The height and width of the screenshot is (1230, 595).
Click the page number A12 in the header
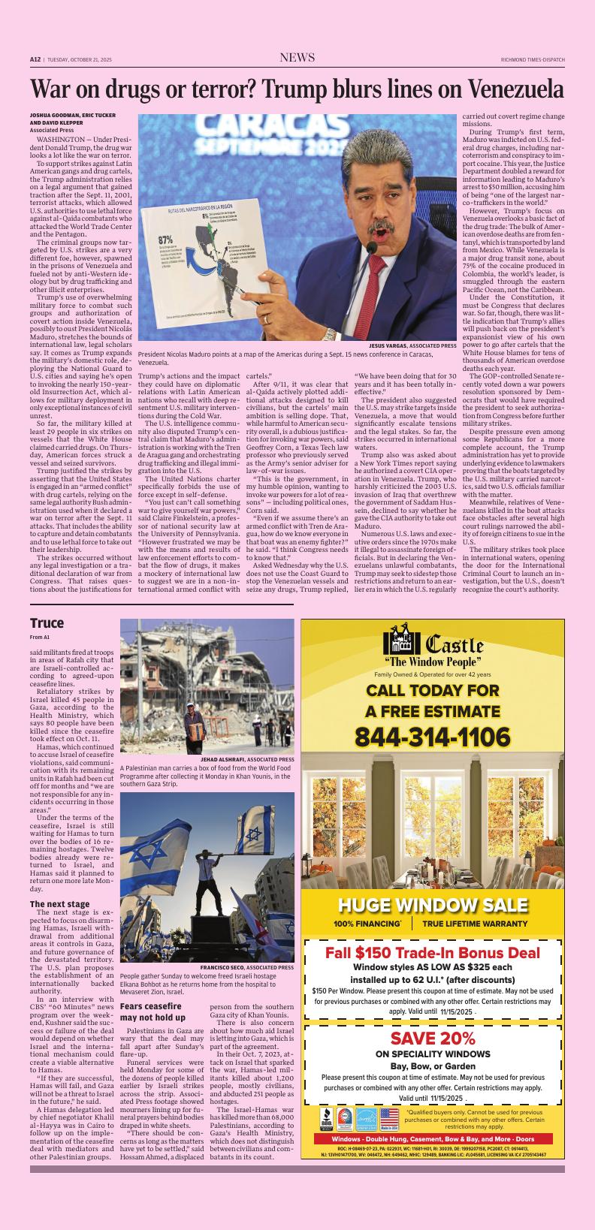35,59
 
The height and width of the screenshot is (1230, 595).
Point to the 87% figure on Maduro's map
165,240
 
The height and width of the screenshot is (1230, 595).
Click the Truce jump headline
47,623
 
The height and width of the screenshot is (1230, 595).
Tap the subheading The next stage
59,903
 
